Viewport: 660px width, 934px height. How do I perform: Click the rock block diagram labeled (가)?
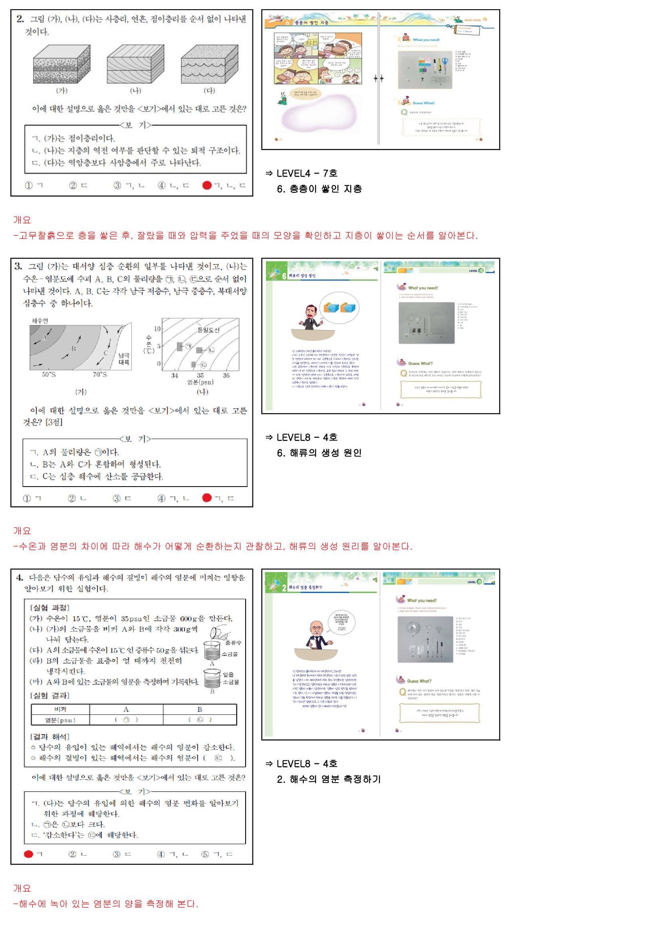61,64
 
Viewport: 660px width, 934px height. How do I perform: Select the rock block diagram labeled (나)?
135,64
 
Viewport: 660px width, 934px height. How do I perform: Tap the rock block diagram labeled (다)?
210,64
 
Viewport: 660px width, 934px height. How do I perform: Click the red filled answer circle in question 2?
206,185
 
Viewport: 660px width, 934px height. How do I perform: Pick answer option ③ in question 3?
117,498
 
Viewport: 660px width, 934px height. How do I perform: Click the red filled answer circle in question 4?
28,854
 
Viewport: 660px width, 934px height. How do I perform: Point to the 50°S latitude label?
49,374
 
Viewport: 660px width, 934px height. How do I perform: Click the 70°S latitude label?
100,374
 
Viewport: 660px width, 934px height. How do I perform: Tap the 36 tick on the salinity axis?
226,376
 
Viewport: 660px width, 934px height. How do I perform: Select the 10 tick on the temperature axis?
157,329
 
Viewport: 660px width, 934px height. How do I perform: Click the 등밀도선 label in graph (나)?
208,330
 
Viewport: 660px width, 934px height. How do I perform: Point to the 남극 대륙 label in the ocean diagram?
124,359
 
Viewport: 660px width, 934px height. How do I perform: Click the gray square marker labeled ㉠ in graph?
180,347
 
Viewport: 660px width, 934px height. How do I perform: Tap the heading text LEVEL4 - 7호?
307,173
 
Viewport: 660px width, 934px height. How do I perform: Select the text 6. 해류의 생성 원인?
319,453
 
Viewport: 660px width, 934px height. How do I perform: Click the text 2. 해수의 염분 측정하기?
329,779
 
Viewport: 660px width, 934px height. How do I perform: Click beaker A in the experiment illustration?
212,650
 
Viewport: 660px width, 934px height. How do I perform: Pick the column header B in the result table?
199,709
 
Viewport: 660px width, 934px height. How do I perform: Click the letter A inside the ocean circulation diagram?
44,337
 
